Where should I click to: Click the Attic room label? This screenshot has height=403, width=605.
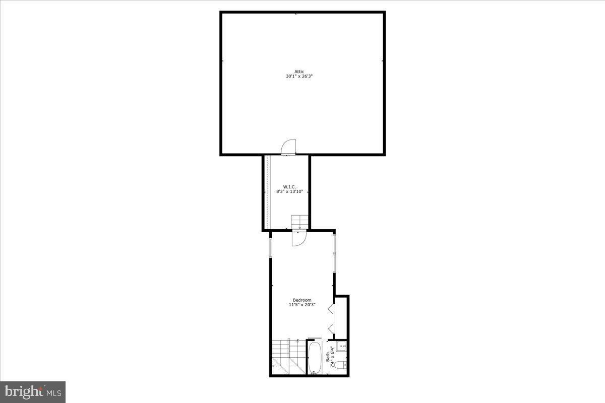(299, 72)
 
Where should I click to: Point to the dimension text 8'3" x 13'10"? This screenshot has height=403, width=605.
(288, 191)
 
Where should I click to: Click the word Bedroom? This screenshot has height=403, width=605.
(302, 300)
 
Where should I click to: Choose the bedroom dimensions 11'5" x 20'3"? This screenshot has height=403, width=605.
(302, 305)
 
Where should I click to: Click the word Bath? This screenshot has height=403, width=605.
(328, 357)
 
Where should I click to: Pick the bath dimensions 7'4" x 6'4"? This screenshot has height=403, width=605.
(332, 357)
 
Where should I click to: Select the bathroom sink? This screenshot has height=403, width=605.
(341, 346)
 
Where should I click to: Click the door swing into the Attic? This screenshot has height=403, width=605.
(289, 146)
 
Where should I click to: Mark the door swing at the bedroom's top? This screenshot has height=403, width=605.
(298, 238)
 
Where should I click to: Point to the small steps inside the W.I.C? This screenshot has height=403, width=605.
(299, 221)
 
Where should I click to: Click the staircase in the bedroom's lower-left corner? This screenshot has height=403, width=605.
(289, 357)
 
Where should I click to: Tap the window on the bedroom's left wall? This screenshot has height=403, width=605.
(271, 247)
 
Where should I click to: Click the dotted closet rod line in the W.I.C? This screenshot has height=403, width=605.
(267, 191)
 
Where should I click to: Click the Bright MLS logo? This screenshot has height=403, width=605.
(33, 391)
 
